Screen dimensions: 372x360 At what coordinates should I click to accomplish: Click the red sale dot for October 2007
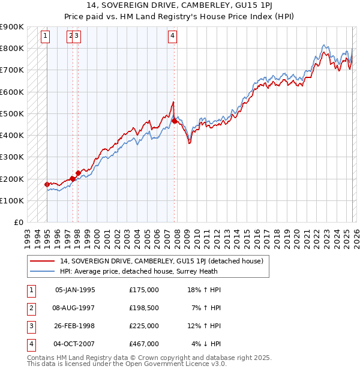(x=174, y=121)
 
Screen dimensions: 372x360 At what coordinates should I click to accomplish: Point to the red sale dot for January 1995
(x=47, y=184)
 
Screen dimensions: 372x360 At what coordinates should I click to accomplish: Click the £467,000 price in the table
(x=144, y=344)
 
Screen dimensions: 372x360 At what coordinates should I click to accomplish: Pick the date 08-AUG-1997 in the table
(x=75, y=308)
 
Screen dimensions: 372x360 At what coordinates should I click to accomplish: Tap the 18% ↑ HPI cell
(x=204, y=290)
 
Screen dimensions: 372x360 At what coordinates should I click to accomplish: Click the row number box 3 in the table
(x=29, y=326)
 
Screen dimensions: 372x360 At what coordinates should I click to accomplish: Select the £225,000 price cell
(x=144, y=326)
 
